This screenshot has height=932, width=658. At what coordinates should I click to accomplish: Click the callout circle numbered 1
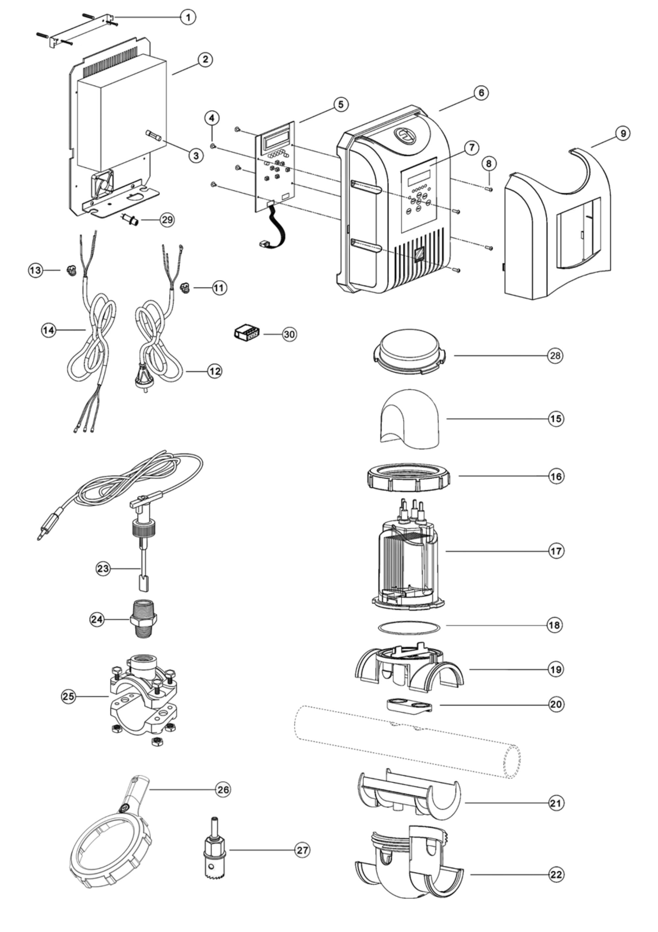coord(188,17)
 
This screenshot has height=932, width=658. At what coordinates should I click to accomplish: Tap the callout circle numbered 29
coord(167,220)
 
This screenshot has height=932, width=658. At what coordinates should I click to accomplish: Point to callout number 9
coord(623,134)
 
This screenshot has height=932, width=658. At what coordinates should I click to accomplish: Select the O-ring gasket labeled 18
coord(409,627)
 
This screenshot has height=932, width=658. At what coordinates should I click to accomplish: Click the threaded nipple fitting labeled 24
coord(143,619)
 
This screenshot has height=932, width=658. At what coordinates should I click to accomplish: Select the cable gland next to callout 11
coord(185,289)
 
